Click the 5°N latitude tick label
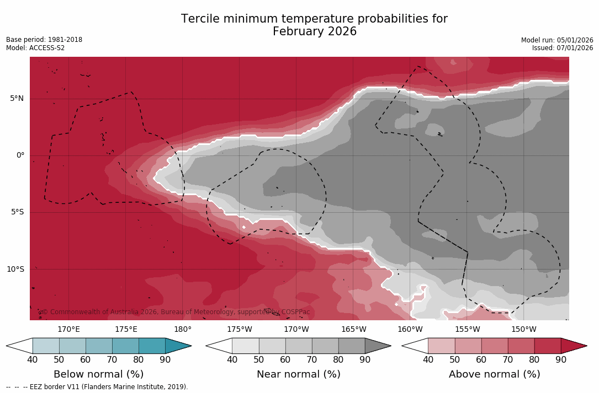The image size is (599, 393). pos(17,99)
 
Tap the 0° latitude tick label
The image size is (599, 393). pos(20,155)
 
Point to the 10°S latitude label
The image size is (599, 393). pos(15,270)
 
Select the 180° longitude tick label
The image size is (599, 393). pos(183,330)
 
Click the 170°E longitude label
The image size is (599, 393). pos(69,330)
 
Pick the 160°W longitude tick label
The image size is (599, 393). pos(410,330)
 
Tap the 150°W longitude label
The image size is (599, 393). pos(523,330)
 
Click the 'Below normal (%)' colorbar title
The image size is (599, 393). pos(98,374)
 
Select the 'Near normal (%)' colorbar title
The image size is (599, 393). pos(298,374)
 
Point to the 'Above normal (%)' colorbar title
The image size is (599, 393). pos(494,374)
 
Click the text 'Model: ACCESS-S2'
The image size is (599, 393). pos(35,48)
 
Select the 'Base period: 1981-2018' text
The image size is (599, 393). pos(44,40)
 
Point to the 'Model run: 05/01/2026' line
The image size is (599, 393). pos(557,40)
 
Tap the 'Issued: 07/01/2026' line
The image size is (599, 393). pos(563,48)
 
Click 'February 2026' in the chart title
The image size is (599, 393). pos(315,32)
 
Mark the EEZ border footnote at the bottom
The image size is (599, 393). pos(97,387)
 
